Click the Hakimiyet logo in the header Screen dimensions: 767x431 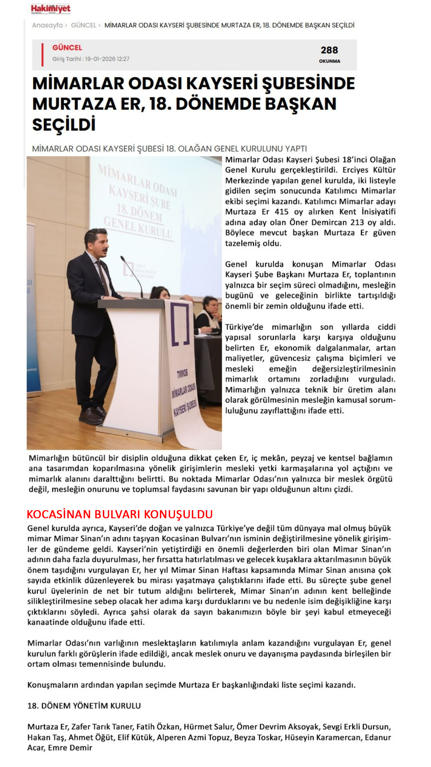(x=51, y=9)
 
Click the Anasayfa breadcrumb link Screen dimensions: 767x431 (x=47, y=25)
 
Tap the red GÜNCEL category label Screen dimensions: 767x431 (x=67, y=48)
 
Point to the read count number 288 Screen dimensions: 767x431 (x=329, y=50)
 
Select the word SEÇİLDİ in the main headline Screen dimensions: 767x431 (x=64, y=125)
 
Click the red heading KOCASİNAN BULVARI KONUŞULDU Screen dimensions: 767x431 (x=120, y=514)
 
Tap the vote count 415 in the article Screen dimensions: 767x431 (x=282, y=212)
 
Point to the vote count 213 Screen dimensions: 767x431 (x=357, y=222)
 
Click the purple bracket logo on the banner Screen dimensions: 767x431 (x=180, y=324)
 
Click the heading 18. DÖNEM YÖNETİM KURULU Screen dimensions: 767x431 (x=84, y=706)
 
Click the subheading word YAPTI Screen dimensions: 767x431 (x=296, y=149)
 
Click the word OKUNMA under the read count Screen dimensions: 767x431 (x=330, y=61)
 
